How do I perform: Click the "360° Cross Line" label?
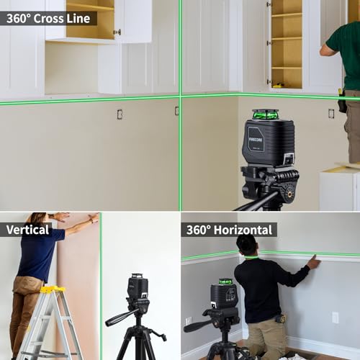click(48, 18)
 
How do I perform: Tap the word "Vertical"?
click(27, 230)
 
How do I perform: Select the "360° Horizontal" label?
click(229, 230)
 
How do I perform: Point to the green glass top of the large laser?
click(266, 114)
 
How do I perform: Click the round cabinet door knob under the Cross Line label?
click(117, 32)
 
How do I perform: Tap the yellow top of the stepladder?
click(53, 289)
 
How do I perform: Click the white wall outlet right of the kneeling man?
click(335, 317)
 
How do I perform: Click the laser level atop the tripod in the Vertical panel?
click(138, 287)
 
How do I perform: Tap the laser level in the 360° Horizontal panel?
click(224, 293)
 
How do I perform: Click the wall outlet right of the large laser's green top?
click(331, 113)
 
